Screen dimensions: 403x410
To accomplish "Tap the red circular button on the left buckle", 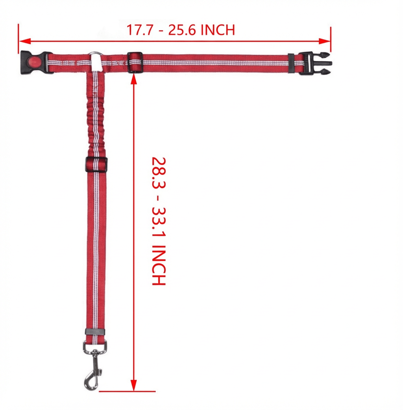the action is pyautogui.click(x=35, y=62).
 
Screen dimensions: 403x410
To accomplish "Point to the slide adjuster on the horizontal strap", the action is pyautogui.click(x=135, y=63).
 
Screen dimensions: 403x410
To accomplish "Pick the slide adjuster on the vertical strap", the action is pyautogui.click(x=96, y=164).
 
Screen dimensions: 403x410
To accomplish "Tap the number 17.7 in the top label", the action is pyautogui.click(x=139, y=30).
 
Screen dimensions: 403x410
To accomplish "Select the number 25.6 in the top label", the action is pyautogui.click(x=182, y=30).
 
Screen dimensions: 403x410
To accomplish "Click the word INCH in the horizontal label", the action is pyautogui.click(x=218, y=30).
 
